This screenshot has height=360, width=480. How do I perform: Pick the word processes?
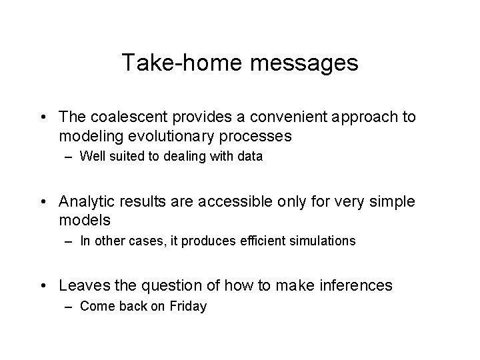coord(260,136)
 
